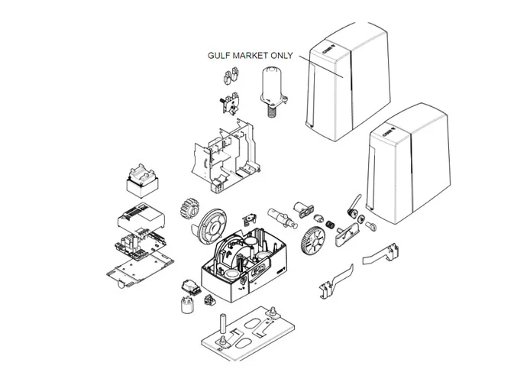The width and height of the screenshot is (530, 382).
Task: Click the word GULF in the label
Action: point(219,56)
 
